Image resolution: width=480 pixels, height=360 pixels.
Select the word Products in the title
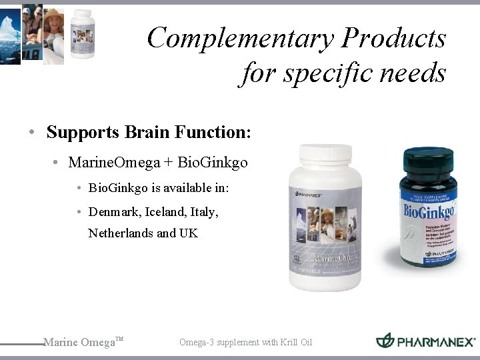[393, 38]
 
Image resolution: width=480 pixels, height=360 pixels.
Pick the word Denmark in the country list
[113, 212]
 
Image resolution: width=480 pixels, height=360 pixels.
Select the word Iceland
[164, 212]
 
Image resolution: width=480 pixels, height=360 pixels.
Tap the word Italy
[204, 212]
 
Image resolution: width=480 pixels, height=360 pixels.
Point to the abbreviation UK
[189, 233]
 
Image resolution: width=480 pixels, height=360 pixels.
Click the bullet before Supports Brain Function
[32, 133]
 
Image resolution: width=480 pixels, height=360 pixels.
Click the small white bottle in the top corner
[83, 33]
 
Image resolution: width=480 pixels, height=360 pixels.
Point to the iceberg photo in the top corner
[10, 33]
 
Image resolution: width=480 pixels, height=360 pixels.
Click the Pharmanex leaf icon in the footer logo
[385, 341]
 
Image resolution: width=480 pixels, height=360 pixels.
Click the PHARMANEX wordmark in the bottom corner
[436, 342]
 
